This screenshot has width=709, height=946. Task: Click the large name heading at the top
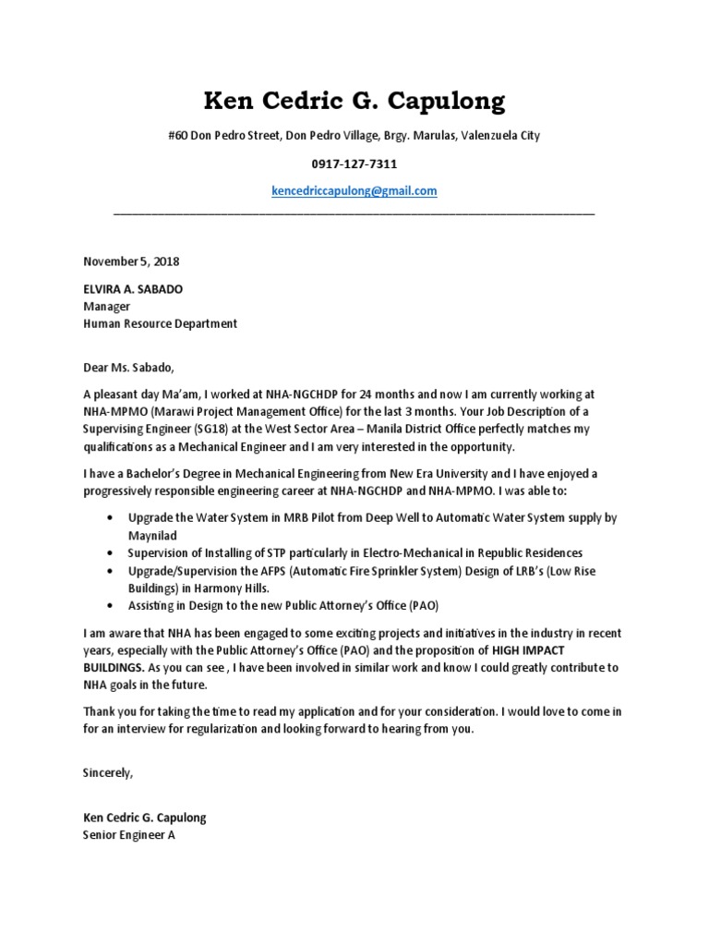(x=354, y=100)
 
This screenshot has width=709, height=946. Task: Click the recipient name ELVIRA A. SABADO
(x=133, y=289)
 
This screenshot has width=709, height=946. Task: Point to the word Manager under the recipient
(x=107, y=307)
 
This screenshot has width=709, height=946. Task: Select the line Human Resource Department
(x=161, y=324)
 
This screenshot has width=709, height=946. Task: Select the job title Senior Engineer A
(x=128, y=835)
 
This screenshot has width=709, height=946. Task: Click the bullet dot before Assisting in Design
(x=112, y=605)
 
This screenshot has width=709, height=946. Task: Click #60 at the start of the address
(x=178, y=136)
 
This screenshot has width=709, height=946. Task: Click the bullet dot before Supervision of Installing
(x=112, y=552)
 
